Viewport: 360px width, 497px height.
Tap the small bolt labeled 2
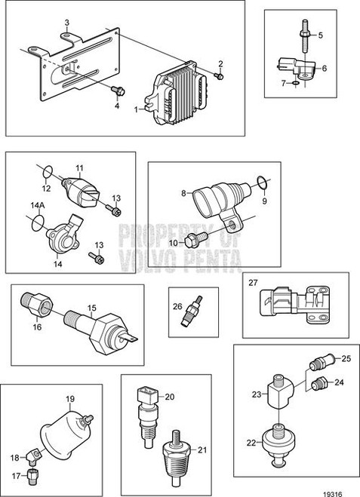tap(218, 75)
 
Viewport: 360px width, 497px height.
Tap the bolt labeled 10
tap(194, 241)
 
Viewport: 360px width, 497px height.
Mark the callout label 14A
tap(35, 205)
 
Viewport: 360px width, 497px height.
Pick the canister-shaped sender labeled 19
tap(66, 431)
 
